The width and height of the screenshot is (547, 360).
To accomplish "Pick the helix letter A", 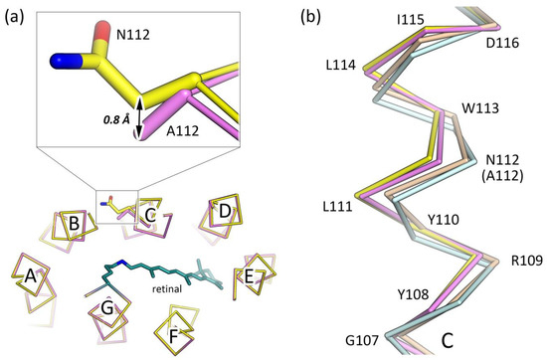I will pyautogui.click(x=31, y=277).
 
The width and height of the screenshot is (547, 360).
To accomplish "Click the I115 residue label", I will pyautogui.click(x=381, y=20).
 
